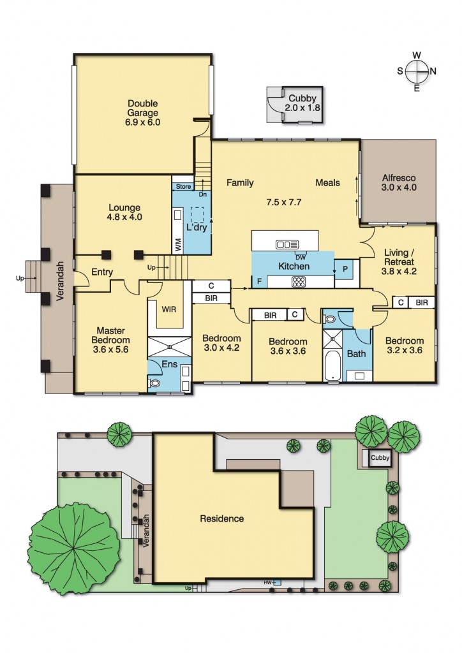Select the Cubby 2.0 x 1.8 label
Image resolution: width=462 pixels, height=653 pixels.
coord(303,103)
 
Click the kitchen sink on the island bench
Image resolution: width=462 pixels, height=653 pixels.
coord(287,244)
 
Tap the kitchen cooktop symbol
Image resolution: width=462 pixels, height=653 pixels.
coord(299,282)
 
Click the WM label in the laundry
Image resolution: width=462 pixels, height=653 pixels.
coord(177,243)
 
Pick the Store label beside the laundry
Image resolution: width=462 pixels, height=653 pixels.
coord(184,187)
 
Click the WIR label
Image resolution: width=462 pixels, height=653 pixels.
coord(169,309)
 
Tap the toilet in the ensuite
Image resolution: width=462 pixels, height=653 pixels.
coord(155,384)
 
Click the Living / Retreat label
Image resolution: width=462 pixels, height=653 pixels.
coord(399,257)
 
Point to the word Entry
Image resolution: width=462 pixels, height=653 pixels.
coord(102,272)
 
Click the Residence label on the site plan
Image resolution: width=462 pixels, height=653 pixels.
coord(221,518)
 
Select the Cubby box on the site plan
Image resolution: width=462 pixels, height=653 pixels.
coord(380,458)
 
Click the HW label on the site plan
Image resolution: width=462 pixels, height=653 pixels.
coord(269,582)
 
